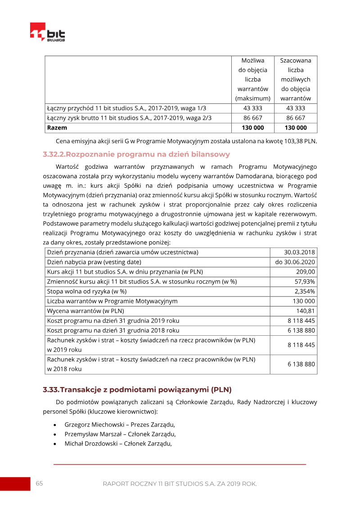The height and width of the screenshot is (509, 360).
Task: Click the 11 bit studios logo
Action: pos(47,32)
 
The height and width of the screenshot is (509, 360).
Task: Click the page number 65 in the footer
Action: pos(40,483)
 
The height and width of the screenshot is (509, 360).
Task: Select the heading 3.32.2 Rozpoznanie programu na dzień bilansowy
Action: pos(136,154)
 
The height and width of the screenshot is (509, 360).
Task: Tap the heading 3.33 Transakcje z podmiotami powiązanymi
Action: pos(137,389)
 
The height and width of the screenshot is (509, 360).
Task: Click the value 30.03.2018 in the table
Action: pos(299,252)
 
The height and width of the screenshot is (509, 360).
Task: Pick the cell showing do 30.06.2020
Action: pos(295,262)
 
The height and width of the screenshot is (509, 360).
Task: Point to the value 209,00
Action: pos(306,272)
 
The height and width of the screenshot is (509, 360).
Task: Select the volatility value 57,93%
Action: pos(304,281)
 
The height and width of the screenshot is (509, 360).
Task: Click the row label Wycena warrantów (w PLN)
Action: pos(85,311)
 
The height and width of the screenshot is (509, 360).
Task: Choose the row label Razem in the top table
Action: pos(57,128)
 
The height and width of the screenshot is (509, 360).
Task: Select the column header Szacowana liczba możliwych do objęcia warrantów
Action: pos(295,79)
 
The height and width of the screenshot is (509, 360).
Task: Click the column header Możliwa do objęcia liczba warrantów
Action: pos(252,79)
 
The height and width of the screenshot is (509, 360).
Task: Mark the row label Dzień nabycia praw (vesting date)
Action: pos(94,262)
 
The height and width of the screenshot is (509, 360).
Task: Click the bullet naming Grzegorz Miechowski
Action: pos(119,424)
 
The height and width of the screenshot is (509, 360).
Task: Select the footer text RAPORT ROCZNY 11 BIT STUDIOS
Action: pos(180,484)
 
